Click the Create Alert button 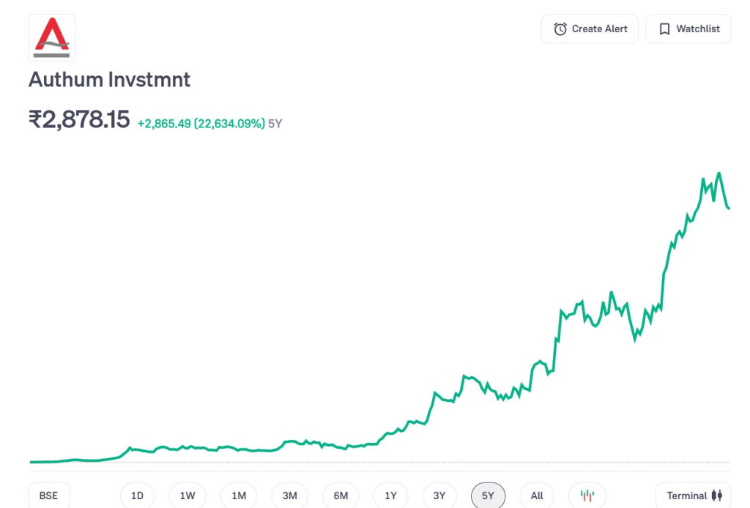(590, 29)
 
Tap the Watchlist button (688, 29)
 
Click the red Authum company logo (51, 37)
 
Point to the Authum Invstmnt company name (109, 79)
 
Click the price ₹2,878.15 (79, 119)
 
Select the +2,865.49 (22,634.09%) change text (201, 124)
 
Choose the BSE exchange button (48, 496)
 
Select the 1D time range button (137, 496)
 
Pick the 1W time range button (187, 496)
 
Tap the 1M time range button (239, 496)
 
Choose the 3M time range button (289, 496)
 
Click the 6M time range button (341, 496)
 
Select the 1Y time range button (391, 496)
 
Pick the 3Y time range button (439, 496)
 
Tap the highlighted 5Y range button (488, 496)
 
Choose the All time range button (537, 496)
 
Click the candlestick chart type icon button (587, 496)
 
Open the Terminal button (694, 496)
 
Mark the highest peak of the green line (719, 173)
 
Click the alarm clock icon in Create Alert (560, 29)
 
